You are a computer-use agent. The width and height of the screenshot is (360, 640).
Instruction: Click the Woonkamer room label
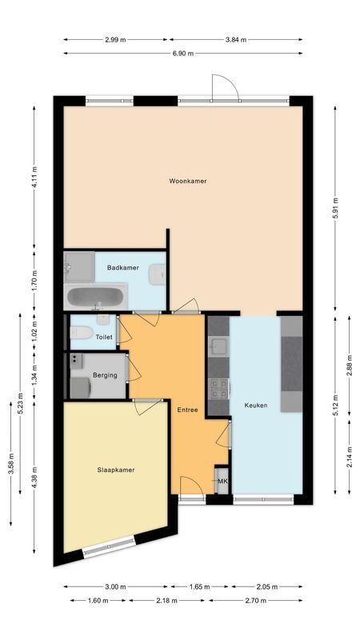(x=188, y=181)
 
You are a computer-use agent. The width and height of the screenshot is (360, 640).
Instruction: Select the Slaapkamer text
(x=117, y=470)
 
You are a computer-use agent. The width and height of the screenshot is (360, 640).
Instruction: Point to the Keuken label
(x=256, y=406)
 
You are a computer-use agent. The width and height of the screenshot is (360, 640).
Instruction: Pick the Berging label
(x=104, y=375)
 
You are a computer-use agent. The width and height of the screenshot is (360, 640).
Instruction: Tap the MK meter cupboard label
(x=222, y=481)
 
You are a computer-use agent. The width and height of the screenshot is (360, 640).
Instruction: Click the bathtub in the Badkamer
(x=94, y=298)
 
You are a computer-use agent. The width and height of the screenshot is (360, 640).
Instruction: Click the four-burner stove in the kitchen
(x=218, y=390)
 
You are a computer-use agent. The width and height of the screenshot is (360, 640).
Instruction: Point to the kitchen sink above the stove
(x=218, y=346)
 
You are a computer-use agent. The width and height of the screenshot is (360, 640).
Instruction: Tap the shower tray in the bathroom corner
(x=78, y=262)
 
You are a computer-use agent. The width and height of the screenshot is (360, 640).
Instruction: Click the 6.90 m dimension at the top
(x=183, y=53)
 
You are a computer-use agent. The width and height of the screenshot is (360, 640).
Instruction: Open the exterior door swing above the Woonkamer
(x=225, y=86)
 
